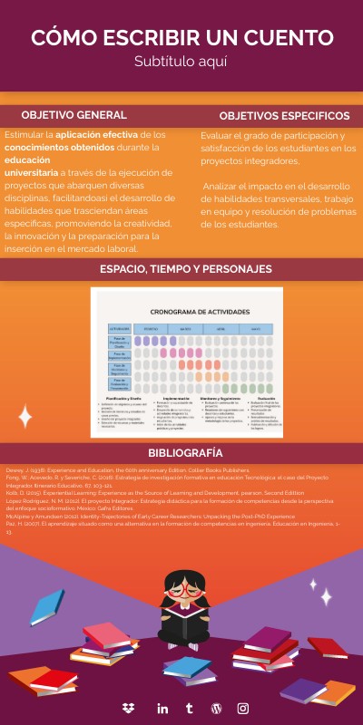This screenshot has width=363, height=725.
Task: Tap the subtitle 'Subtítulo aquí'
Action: pyautogui.click(x=181, y=61)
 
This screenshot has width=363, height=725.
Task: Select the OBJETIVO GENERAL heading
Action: pyautogui.click(x=74, y=115)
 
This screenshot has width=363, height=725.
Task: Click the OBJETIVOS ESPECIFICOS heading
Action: pyautogui.click(x=284, y=116)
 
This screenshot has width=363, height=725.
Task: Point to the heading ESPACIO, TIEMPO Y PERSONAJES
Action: pyautogui.click(x=186, y=269)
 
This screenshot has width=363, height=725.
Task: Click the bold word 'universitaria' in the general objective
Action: pyautogui.click(x=36, y=171)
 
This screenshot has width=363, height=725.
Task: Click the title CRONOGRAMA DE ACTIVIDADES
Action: pyautogui.click(x=187, y=311)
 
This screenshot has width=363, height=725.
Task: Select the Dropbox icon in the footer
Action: pyautogui.click(x=128, y=708)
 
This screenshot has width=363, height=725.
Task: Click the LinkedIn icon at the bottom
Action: pyautogui.click(x=162, y=709)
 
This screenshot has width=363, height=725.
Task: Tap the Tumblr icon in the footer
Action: pyautogui.click(x=189, y=709)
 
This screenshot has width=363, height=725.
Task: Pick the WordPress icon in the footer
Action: pyautogui.click(x=216, y=709)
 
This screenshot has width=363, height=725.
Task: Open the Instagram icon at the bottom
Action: pyautogui.click(x=243, y=709)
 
